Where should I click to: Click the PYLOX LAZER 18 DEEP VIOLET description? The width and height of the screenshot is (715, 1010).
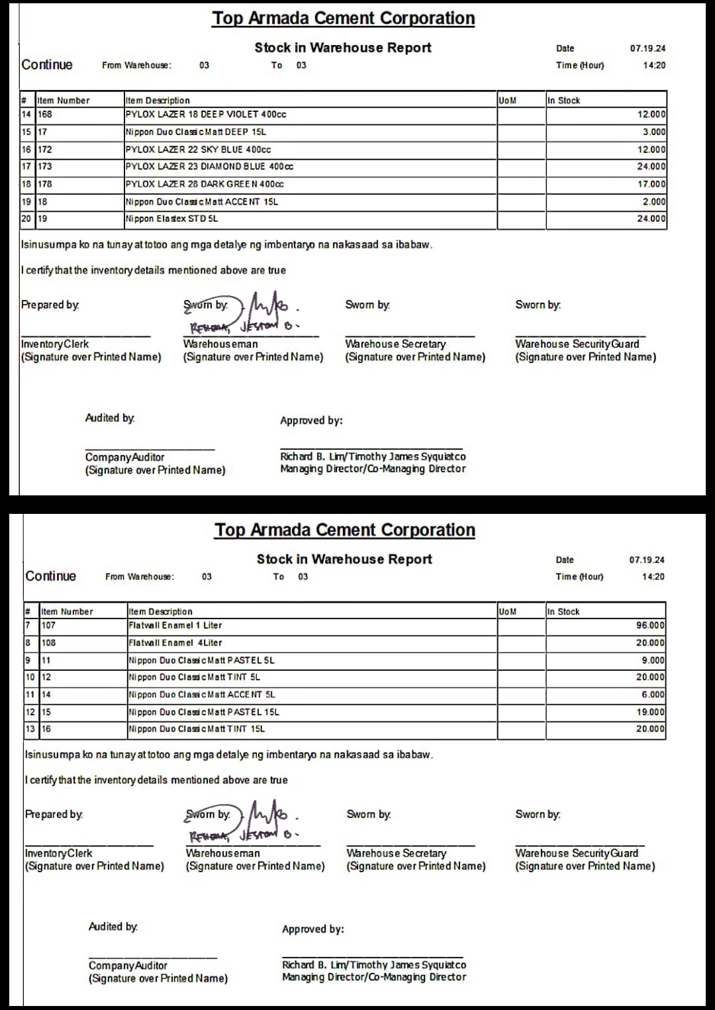coord(206,115)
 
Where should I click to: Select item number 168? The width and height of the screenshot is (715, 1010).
coord(45,115)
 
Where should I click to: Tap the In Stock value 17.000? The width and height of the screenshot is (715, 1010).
coord(651,184)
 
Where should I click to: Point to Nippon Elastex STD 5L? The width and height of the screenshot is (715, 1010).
coord(171,219)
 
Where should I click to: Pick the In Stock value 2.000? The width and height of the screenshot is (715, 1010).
coord(654,202)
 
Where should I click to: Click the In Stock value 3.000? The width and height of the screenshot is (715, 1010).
coord(654,132)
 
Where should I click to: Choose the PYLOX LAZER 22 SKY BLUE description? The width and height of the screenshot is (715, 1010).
coord(198,150)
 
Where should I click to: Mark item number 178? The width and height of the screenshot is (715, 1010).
coord(45,184)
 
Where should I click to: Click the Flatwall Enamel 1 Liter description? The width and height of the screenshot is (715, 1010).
coord(175,625)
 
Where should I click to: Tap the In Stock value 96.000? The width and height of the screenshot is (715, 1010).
coord(651,625)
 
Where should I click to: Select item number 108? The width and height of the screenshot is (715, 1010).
coord(49,642)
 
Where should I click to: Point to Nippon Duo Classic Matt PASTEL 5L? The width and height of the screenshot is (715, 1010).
coord(201,660)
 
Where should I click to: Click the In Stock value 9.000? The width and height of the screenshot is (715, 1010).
coord(653,660)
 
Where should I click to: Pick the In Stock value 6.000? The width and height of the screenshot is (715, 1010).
coord(653,695)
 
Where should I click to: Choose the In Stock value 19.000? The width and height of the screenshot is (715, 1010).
coord(651,712)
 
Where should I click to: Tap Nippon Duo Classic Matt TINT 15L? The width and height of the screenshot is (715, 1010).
coord(197,729)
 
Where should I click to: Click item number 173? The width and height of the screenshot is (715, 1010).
coord(45,167)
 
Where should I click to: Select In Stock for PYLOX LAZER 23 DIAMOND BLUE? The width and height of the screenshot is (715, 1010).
coord(651,167)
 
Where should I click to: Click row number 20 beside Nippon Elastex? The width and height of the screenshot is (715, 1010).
coord(26,219)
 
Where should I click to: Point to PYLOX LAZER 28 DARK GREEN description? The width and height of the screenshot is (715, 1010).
coord(205,184)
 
